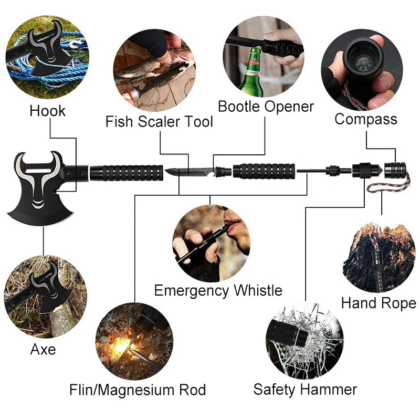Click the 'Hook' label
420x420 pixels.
pyautogui.click(x=48, y=111)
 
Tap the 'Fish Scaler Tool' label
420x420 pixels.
pyautogui.click(x=159, y=122)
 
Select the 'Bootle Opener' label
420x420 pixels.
pyautogui.click(x=266, y=107)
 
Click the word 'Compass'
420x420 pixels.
pyautogui.click(x=366, y=119)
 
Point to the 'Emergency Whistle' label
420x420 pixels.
pyautogui.click(x=218, y=290)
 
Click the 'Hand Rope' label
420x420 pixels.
pyautogui.click(x=378, y=303)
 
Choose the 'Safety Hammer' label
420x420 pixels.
pyautogui.click(x=305, y=389)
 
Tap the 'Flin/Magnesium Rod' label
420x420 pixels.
pyautogui.click(x=138, y=390)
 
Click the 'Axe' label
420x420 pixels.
pyautogui.click(x=43, y=349)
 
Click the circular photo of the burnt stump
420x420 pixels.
pyautogui.click(x=376, y=257)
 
